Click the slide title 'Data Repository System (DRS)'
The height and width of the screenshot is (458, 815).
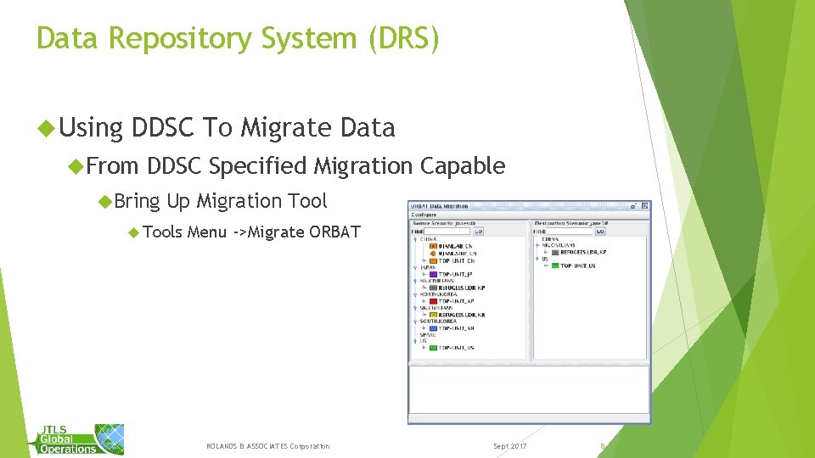point(238,38)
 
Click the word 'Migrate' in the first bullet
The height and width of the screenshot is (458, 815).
point(286,128)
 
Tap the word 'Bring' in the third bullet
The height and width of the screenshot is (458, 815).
point(137,201)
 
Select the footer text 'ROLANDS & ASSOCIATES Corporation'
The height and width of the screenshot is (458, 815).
point(268,446)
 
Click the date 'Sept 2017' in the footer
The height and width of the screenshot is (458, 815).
point(509,446)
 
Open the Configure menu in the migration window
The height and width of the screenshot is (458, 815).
point(424,215)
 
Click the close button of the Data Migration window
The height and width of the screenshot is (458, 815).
point(644,206)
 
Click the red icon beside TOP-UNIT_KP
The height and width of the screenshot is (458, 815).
point(433,301)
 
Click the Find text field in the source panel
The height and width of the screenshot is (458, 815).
point(448,230)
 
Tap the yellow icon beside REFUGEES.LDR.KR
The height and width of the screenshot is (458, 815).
point(433,315)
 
